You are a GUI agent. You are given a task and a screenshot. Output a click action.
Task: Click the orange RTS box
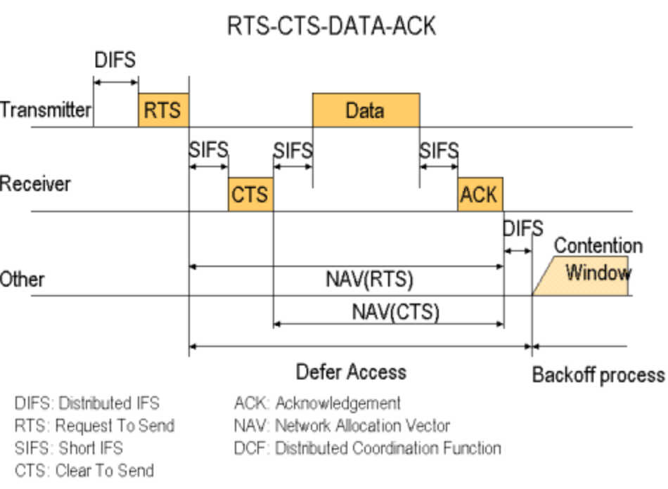(x=163, y=110)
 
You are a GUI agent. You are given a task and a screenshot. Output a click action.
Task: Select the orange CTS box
(x=250, y=194)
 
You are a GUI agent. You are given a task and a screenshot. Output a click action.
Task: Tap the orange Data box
(x=366, y=110)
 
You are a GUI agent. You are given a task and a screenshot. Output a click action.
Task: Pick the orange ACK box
(x=480, y=194)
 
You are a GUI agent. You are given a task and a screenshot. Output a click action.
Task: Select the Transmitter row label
(x=46, y=110)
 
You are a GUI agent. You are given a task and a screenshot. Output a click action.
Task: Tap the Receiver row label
(x=35, y=185)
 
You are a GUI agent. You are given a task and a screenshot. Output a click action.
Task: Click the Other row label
(x=23, y=280)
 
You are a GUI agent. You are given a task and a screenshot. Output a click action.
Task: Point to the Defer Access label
(x=351, y=372)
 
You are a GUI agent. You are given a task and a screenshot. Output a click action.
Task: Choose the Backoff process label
(x=598, y=374)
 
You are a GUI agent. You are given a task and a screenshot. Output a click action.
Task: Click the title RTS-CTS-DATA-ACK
(x=331, y=26)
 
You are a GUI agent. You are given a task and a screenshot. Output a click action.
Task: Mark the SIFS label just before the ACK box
(x=439, y=150)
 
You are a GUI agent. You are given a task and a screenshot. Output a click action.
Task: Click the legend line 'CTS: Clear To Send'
(x=84, y=470)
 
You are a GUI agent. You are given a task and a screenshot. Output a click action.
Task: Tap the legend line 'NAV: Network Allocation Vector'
(x=342, y=425)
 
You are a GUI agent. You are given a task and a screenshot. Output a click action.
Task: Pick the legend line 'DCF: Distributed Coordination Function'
(x=367, y=448)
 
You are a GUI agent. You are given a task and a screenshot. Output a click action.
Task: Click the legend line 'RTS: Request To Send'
(x=94, y=425)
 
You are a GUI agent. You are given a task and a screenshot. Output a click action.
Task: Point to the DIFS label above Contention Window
(x=522, y=228)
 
